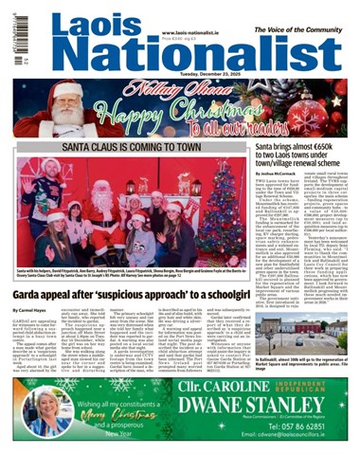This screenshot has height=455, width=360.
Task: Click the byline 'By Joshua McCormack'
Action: coord(275,176)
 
